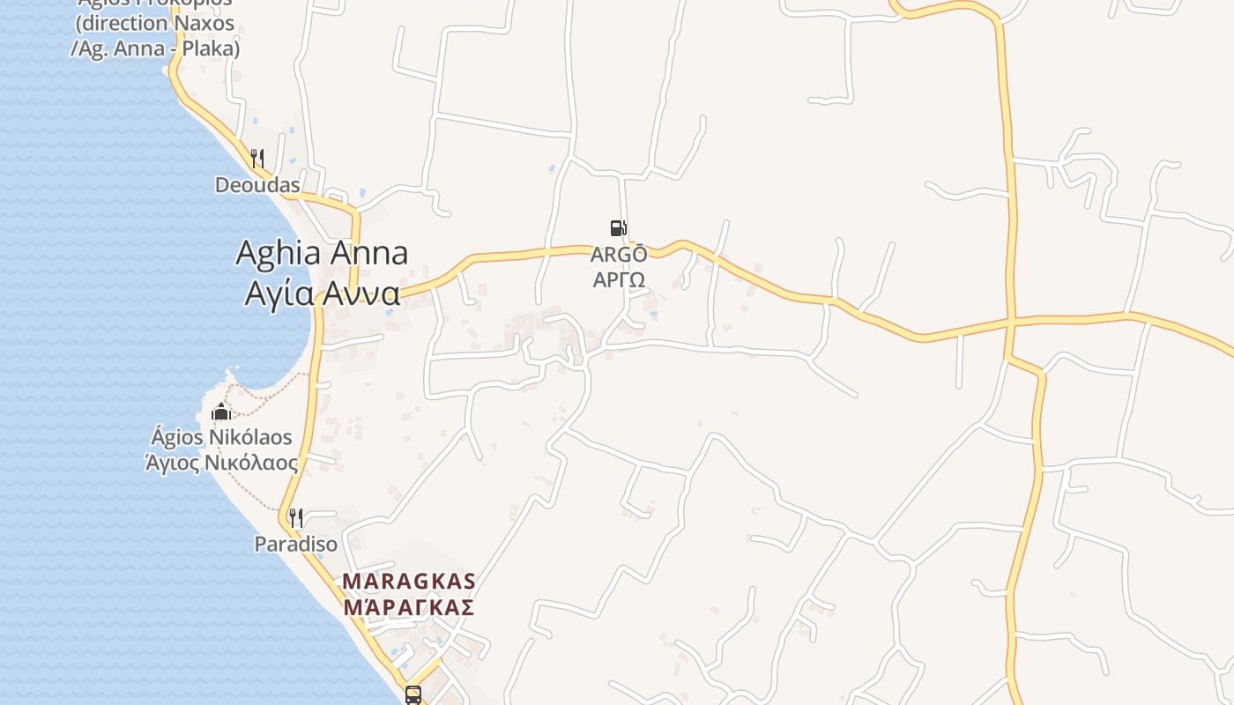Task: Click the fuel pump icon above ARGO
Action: pyautogui.click(x=618, y=229)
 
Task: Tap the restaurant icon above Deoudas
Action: pyautogui.click(x=257, y=159)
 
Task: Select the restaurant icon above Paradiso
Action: pyautogui.click(x=296, y=517)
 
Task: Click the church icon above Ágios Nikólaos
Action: pyautogui.click(x=220, y=411)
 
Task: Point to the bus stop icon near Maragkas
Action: pyautogui.click(x=413, y=695)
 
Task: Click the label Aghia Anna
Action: pyautogui.click(x=322, y=254)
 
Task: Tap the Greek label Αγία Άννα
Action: pyautogui.click(x=322, y=293)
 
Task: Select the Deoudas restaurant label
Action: pyautogui.click(x=257, y=185)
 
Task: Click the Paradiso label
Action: pyautogui.click(x=296, y=544)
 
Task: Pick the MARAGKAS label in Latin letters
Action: pyautogui.click(x=409, y=582)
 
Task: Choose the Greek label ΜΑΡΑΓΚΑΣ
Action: pyautogui.click(x=409, y=607)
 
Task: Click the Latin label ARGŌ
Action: pyautogui.click(x=619, y=255)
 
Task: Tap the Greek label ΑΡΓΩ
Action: pyautogui.click(x=619, y=279)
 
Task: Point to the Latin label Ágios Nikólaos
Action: pyautogui.click(x=221, y=437)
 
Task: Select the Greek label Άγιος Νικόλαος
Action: pyautogui.click(x=221, y=462)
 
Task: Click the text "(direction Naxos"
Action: pyautogui.click(x=155, y=24)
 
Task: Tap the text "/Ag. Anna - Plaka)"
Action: pyautogui.click(x=155, y=48)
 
